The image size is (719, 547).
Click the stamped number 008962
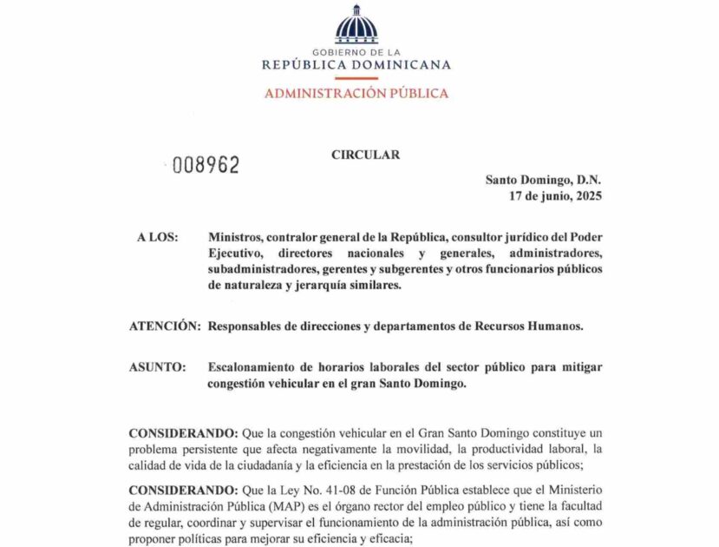[206, 165]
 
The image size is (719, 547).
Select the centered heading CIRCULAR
[365, 155]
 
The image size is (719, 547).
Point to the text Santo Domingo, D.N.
[543, 180]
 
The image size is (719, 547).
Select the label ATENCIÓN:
[165, 326]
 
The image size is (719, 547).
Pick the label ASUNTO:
[157, 367]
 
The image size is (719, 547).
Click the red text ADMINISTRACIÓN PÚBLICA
[356, 93]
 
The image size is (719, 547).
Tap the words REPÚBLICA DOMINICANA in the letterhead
[356, 64]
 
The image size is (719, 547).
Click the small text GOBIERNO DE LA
[356, 52]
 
